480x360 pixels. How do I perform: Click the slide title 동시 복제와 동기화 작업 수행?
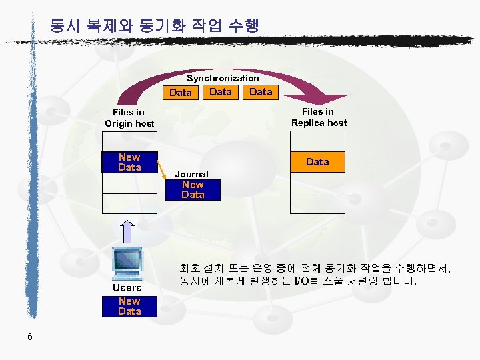(x=154, y=26)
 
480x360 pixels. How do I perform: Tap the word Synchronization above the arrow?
(x=223, y=78)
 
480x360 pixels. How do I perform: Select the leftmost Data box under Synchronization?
(x=181, y=93)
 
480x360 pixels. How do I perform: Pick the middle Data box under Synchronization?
(x=221, y=92)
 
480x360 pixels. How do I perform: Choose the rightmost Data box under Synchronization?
(x=261, y=92)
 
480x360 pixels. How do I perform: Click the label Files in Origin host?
(x=129, y=118)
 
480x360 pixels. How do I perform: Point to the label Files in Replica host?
(x=319, y=117)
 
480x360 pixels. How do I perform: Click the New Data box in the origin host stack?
(x=129, y=162)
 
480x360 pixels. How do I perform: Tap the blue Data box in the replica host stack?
(x=317, y=162)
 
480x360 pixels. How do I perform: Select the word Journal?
(x=191, y=174)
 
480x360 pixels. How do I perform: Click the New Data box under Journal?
(x=193, y=189)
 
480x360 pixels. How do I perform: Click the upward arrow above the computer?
(x=129, y=231)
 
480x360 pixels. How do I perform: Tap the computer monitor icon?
(x=127, y=262)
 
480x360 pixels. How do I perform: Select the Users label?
(x=127, y=288)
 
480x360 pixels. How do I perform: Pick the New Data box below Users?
(x=129, y=306)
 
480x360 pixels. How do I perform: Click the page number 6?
(x=30, y=337)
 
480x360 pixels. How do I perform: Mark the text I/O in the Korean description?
(x=301, y=281)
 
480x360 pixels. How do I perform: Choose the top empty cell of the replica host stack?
(x=317, y=141)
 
